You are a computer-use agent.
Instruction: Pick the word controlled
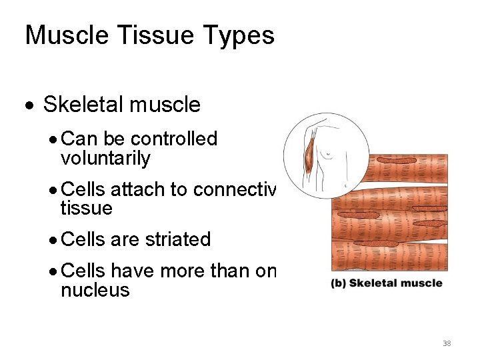tap(174, 139)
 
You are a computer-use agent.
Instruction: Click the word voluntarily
tap(105, 159)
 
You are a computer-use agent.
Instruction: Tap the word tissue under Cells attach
tap(86, 209)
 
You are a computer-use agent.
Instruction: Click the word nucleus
tap(95, 290)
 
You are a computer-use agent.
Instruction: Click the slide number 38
tap(447, 344)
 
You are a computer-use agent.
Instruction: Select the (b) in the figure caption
tap(339, 283)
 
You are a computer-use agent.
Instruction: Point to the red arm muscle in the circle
tap(308, 157)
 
